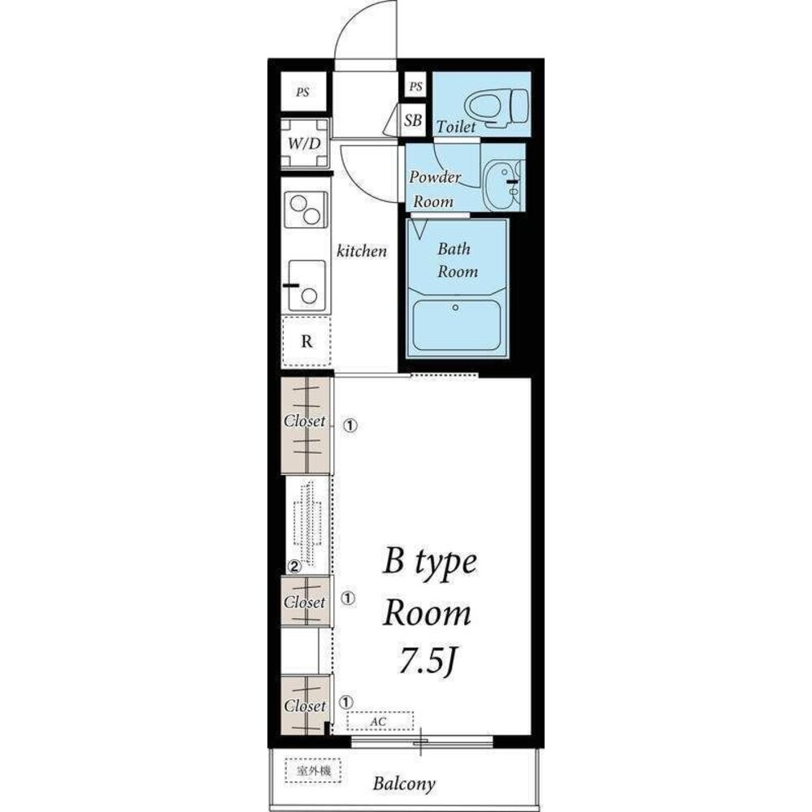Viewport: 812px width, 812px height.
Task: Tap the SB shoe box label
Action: click(413, 120)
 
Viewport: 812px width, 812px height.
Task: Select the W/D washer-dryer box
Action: click(305, 144)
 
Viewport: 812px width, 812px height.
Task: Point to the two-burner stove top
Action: click(306, 209)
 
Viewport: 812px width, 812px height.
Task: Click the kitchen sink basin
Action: click(306, 285)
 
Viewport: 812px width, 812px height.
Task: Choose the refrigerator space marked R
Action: click(306, 341)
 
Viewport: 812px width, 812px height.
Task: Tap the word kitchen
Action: click(362, 251)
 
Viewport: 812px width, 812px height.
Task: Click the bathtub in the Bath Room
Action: click(456, 325)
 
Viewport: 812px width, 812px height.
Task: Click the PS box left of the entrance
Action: click(303, 92)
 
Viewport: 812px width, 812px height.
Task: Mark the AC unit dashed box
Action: click(380, 721)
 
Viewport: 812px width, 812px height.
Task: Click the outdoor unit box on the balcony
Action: click(313, 771)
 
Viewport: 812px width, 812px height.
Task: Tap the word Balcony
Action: click(404, 784)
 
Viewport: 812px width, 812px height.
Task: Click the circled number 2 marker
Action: click(294, 567)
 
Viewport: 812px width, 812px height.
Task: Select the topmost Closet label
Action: click(304, 421)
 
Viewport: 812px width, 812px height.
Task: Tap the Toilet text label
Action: click(456, 127)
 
